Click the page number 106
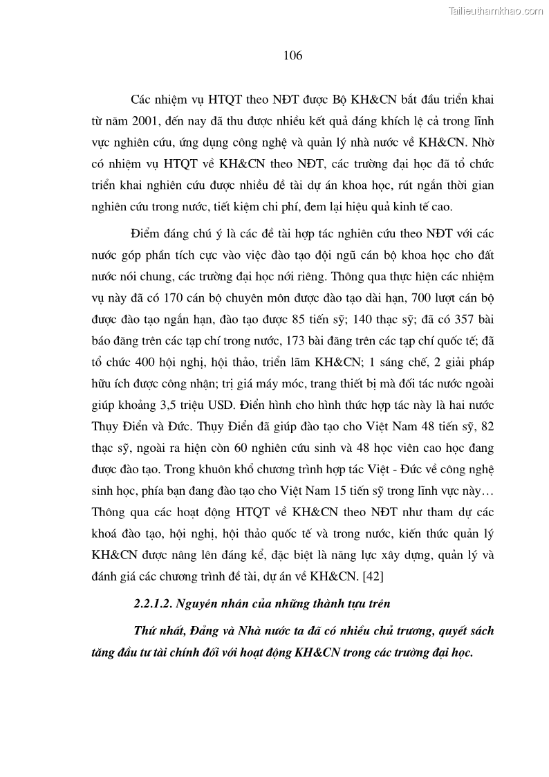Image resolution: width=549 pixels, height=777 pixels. click(292, 56)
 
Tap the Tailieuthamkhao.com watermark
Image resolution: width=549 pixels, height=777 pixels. click(496, 10)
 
